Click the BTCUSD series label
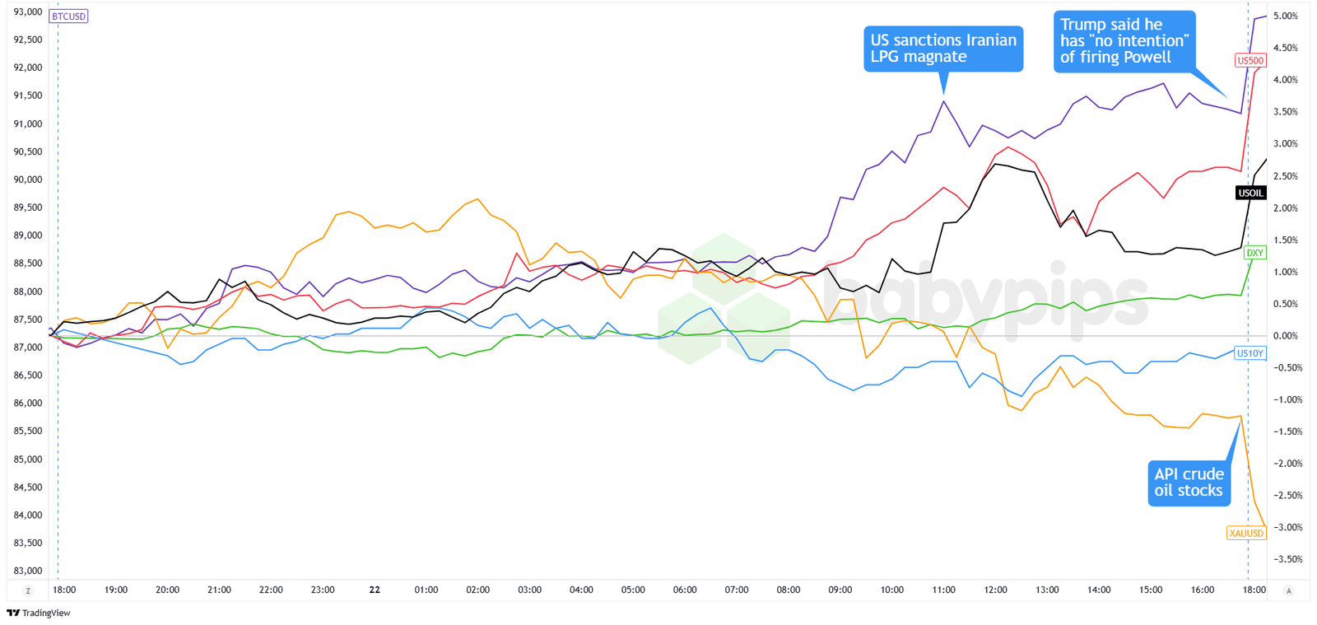[68, 16]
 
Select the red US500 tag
[1250, 60]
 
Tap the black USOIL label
[1250, 193]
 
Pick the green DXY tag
[1254, 253]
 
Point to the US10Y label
[1250, 353]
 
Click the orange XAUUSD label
[1246, 533]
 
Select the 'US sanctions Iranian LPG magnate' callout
[943, 49]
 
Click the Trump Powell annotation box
[1124, 41]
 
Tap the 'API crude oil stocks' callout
[1189, 483]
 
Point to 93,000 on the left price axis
[28, 12]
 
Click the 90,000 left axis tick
[28, 180]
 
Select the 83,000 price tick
[28, 571]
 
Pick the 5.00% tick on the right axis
[1285, 16]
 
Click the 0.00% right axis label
[1285, 336]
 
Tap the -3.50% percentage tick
[1287, 559]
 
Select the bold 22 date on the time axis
[375, 590]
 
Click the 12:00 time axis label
[995, 590]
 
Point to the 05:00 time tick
[633, 590]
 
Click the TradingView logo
[39, 613]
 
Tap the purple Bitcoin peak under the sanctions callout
[944, 101]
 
